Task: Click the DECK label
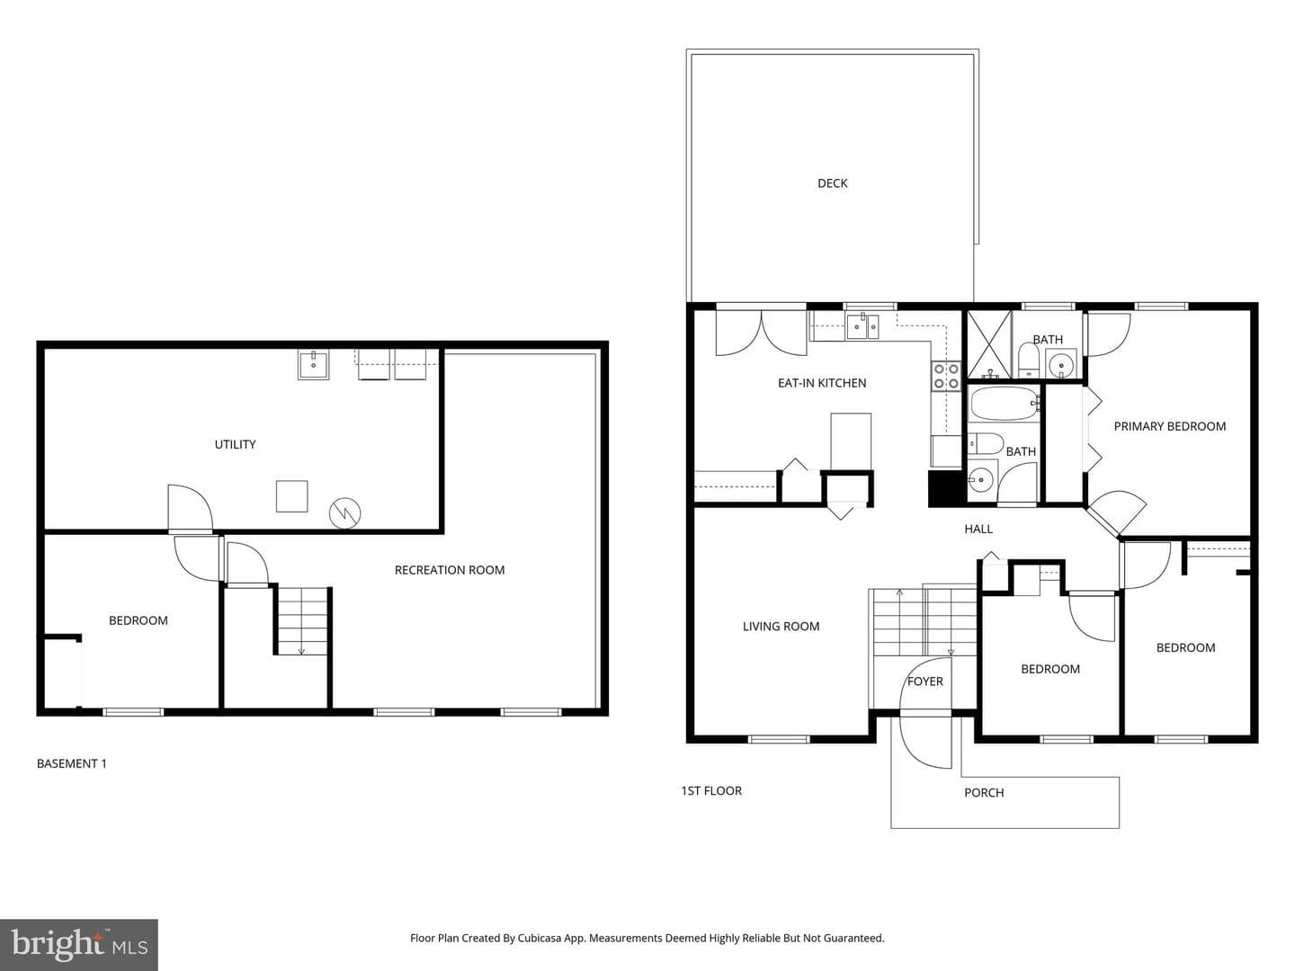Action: tap(832, 183)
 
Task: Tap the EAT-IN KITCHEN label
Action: tap(822, 383)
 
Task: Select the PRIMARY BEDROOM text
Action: tap(1169, 426)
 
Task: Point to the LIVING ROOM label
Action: tap(781, 627)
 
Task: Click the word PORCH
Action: tap(984, 793)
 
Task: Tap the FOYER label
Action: tap(924, 681)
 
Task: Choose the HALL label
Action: tap(978, 530)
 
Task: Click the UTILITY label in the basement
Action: tap(235, 444)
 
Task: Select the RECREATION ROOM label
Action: tap(449, 570)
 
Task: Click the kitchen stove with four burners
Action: tap(946, 376)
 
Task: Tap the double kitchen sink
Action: tap(862, 326)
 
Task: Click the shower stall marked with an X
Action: tap(989, 344)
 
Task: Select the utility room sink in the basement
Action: tap(313, 365)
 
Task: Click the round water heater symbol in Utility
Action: tap(345, 512)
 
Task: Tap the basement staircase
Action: tap(302, 620)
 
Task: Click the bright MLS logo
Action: tap(79, 945)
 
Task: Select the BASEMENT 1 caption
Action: tap(71, 764)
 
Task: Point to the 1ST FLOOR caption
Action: tap(711, 791)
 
